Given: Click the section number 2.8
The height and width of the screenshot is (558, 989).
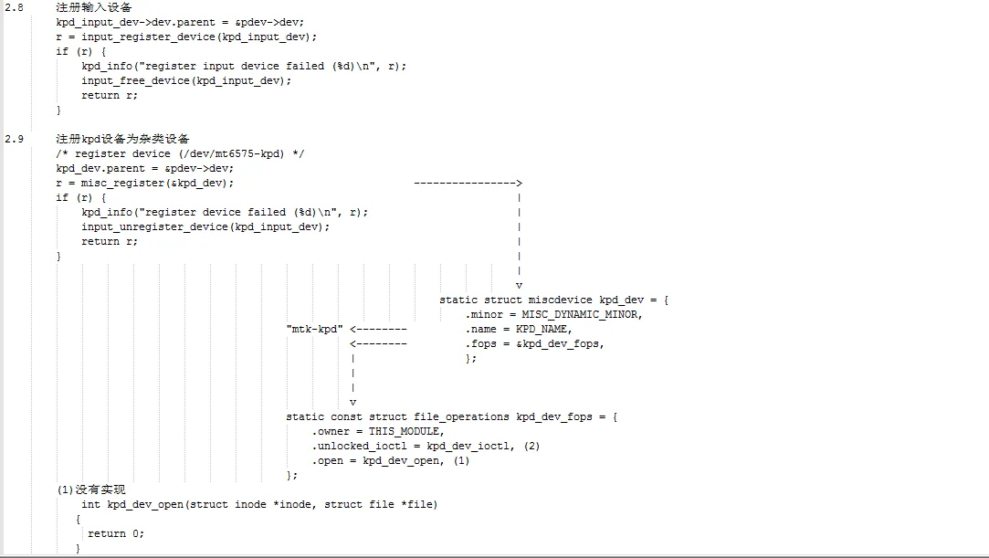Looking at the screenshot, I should pyautogui.click(x=14, y=7).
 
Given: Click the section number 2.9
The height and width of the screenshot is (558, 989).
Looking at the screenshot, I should pyautogui.click(x=14, y=139).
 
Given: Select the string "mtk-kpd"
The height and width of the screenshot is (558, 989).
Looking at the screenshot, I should pyautogui.click(x=314, y=329).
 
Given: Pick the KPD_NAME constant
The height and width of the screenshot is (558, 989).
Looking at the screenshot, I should pyautogui.click(x=542, y=329).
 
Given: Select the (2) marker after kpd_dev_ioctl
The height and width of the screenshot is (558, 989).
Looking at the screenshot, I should pyautogui.click(x=532, y=446).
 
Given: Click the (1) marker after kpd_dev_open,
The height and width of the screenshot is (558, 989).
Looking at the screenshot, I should pyautogui.click(x=461, y=460).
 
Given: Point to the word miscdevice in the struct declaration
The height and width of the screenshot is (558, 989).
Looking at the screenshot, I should pyautogui.click(x=557, y=300).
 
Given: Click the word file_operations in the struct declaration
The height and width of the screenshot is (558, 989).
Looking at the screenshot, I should pyautogui.click(x=442, y=416).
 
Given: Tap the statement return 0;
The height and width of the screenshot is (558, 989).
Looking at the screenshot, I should pyautogui.click(x=116, y=533).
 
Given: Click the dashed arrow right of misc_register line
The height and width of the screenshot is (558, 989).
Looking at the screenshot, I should pyautogui.click(x=468, y=183).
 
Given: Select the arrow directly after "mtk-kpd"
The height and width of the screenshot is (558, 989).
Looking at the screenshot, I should pyautogui.click(x=378, y=329).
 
